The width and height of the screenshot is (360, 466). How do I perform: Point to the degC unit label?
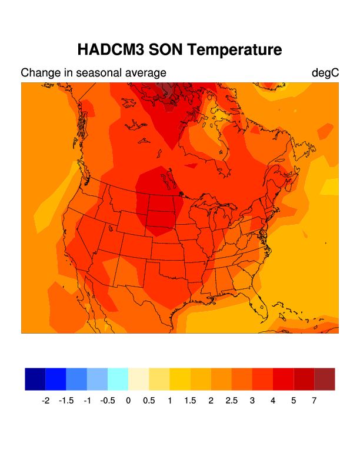click(x=325, y=73)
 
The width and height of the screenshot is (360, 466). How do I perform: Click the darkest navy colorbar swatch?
click(x=35, y=379)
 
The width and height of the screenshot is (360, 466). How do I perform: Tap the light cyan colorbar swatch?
click(x=118, y=379)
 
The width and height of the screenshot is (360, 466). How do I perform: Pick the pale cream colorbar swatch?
click(x=138, y=379)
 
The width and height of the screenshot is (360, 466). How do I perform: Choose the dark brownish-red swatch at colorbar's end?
click(x=325, y=379)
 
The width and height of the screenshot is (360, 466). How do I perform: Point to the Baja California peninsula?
click(x=86, y=294)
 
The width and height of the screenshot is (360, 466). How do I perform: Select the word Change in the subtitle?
click(x=39, y=73)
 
